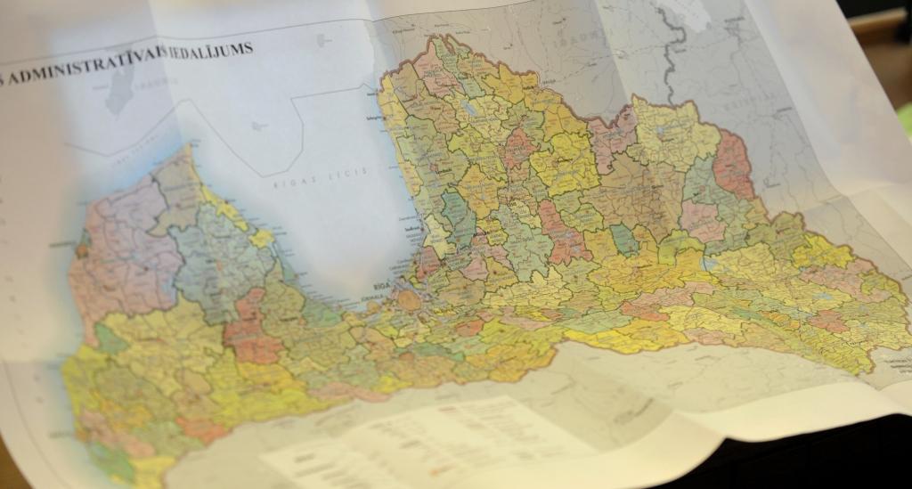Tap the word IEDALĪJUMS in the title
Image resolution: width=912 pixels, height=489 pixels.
(213, 48)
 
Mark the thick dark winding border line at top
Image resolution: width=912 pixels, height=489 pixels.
(674, 40)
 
